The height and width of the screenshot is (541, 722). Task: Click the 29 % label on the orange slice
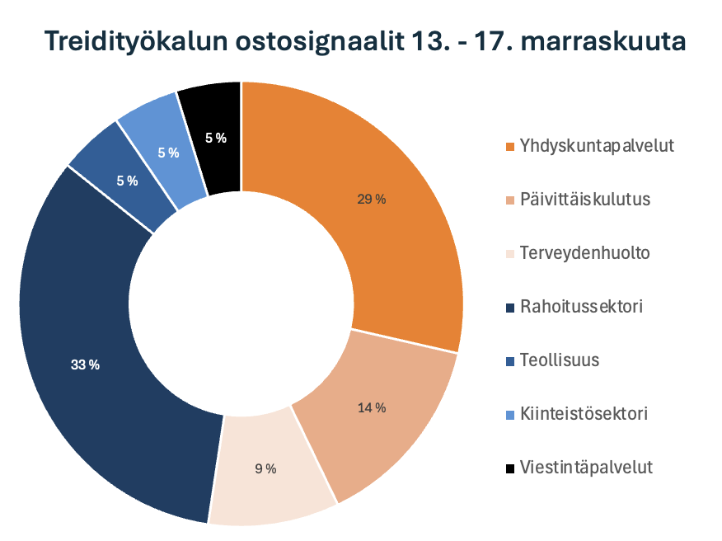pos(371,199)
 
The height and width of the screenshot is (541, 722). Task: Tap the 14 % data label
pos(371,407)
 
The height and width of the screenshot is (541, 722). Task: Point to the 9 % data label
pos(265,469)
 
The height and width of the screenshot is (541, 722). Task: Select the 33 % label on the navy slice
pos(85,365)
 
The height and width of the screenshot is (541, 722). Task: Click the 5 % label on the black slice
pos(216,139)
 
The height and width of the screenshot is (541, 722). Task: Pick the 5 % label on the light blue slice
pos(168,153)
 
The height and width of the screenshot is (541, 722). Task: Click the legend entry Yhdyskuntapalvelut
pos(597,146)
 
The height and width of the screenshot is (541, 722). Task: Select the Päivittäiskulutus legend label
pos(585,200)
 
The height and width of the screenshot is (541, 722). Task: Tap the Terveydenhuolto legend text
pos(584,253)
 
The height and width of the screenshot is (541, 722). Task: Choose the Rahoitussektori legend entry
pos(581,307)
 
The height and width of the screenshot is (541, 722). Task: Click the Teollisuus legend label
pos(559,360)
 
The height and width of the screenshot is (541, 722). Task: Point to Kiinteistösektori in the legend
pos(583,414)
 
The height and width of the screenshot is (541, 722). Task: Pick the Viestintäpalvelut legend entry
pos(586,468)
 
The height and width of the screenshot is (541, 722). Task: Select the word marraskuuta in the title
pos(602,41)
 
